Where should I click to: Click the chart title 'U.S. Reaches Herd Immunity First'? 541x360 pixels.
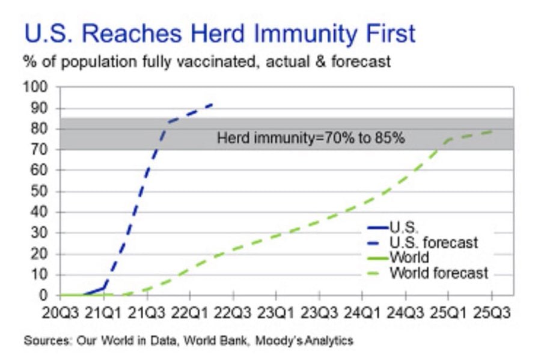pos(220,34)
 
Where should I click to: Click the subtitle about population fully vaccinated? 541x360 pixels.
pos(207,62)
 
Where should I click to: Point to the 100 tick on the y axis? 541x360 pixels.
pos(35,87)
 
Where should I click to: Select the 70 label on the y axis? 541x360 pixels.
pos(38,150)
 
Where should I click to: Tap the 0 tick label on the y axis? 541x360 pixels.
pos(43,295)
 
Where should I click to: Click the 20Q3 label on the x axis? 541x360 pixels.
pos(60,313)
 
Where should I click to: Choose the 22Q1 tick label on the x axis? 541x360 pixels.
pos(190,313)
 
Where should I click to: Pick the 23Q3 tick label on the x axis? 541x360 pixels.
pos(319,313)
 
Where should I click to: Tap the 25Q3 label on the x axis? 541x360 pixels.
pos(491,313)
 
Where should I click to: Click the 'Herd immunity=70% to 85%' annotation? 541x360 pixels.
pos(311,138)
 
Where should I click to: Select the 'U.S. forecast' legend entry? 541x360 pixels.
pos(423,243)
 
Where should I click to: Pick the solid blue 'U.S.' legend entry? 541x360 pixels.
pos(393,227)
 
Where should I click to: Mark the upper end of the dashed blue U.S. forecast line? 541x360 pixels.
pos(212,104)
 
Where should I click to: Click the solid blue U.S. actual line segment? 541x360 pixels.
pos(93,291)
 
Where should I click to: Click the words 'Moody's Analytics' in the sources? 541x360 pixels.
pos(304,341)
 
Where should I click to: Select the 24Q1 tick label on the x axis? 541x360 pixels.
pos(362,313)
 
